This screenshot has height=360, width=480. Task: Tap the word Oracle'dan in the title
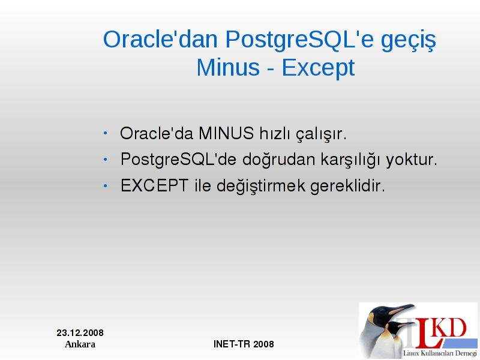tap(160, 39)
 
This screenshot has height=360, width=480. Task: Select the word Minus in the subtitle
tap(228, 67)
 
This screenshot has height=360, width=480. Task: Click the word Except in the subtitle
tap(319, 68)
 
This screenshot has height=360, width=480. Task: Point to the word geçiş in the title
tap(409, 41)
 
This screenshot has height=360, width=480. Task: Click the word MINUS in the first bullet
tap(226, 133)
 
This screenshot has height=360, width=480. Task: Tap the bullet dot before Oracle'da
tap(106, 133)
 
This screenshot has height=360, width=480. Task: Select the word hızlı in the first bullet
tap(275, 133)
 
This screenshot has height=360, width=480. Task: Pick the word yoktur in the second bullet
tap(412, 160)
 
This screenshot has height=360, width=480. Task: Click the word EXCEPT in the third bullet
tap(154, 185)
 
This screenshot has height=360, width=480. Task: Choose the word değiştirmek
tap(261, 186)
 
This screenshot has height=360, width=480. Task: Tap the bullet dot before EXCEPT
tap(106, 186)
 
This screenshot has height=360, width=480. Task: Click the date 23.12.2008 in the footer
tap(80, 333)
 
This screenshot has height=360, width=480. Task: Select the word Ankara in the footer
tap(80, 344)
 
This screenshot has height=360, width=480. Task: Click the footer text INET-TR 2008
tap(244, 344)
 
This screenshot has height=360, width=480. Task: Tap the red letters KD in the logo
tap(451, 328)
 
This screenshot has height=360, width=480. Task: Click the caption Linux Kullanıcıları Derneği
tap(440, 353)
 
